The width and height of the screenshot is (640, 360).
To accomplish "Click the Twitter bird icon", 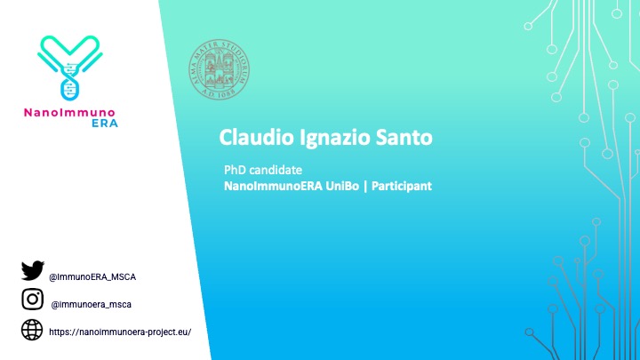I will click(x=32, y=271).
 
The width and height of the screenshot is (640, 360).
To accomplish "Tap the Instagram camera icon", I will click(x=32, y=300).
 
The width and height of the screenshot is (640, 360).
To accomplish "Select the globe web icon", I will click(x=32, y=330).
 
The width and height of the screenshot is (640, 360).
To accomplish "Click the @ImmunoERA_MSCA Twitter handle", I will click(x=92, y=276).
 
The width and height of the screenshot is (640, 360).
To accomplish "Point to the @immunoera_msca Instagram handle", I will click(x=92, y=304).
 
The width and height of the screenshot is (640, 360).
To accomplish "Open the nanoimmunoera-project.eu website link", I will click(x=120, y=332).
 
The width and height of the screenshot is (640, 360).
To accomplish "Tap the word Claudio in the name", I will click(x=251, y=138).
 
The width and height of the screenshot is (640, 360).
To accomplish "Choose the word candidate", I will click(x=277, y=169).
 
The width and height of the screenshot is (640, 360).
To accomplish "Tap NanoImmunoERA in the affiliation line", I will click(x=270, y=187).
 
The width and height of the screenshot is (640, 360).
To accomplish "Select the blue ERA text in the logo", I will click(x=104, y=124).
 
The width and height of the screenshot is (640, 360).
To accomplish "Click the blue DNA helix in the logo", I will click(x=68, y=81).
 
